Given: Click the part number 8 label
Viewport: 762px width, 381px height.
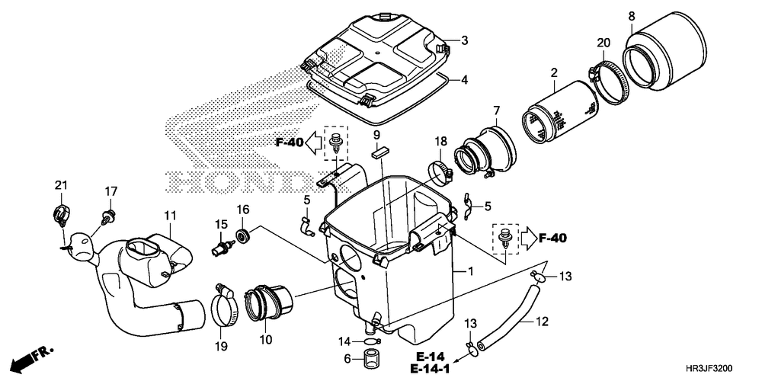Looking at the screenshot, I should [632, 15].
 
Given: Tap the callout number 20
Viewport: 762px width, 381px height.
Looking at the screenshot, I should [603, 43].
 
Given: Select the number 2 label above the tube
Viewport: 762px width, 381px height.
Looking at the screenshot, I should [554, 73].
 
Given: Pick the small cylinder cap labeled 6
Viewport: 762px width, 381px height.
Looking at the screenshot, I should [371, 358].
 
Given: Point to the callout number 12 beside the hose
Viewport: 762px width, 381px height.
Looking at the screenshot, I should [542, 322].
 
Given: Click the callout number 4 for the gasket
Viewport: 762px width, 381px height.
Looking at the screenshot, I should [463, 79].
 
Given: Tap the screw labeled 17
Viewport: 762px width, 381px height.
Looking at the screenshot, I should [109, 213].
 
